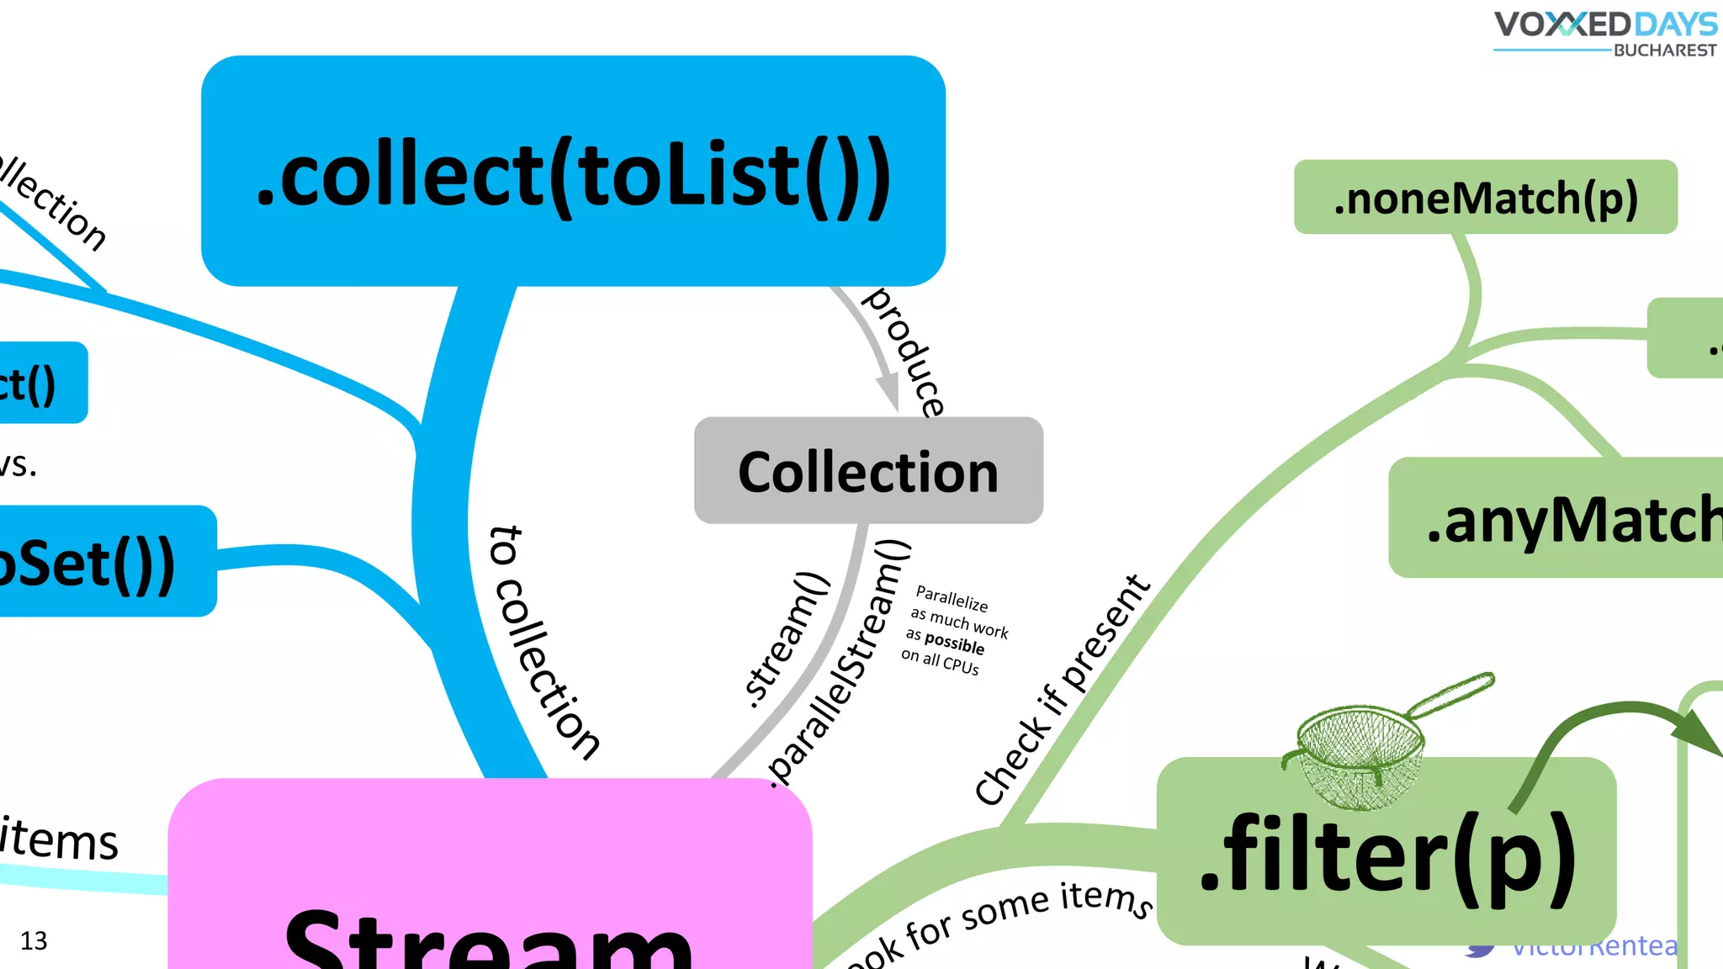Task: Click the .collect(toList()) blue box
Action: [x=573, y=172]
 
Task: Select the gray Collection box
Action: [x=868, y=471]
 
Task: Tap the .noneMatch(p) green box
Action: [x=1485, y=198]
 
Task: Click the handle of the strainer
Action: [x=1451, y=694]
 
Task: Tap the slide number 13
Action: [x=34, y=940]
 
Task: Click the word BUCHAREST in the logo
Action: [x=1664, y=50]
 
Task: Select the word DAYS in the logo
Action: [x=1674, y=24]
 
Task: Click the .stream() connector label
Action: [x=787, y=639]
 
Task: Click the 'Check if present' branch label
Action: [x=1062, y=690]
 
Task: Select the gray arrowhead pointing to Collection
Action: [x=888, y=392]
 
